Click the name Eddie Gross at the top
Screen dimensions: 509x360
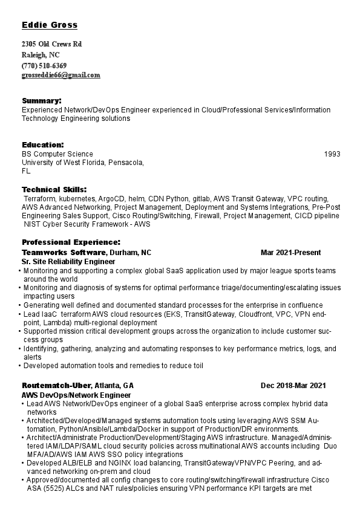50,25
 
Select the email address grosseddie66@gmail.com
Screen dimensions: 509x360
61,76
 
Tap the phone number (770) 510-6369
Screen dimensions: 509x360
44,65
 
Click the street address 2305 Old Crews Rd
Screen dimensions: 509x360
51,44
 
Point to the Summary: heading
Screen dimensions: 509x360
42,100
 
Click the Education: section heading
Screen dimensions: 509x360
43,145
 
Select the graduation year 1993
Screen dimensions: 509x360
332,154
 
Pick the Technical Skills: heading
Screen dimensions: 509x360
54,190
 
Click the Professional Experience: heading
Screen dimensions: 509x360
71,242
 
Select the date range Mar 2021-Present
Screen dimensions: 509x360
290,252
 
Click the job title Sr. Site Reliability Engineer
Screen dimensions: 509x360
68,262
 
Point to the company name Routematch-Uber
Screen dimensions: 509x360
57,385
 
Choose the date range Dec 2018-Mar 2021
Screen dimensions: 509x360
293,385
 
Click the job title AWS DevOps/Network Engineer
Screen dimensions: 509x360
76,395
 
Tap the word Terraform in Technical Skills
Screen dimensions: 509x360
41,198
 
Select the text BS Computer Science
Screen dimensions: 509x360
57,154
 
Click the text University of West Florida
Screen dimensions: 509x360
64,163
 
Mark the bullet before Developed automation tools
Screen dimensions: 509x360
20,366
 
